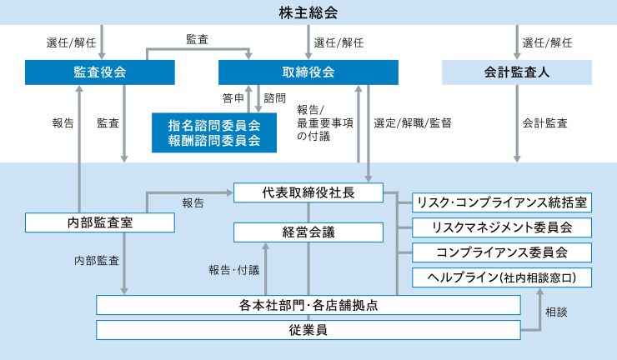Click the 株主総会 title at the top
308,12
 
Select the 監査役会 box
100,72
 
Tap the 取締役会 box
308,72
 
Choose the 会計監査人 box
517,72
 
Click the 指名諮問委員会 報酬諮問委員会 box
213,132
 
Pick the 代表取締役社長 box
308,192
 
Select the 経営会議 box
308,232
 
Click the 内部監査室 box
100,222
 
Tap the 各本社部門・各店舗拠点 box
308,305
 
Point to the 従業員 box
308,330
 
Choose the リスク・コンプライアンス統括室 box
502,202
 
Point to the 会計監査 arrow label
545,123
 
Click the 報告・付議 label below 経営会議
233,269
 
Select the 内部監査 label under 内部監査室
96,260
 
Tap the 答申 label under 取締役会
233,98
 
